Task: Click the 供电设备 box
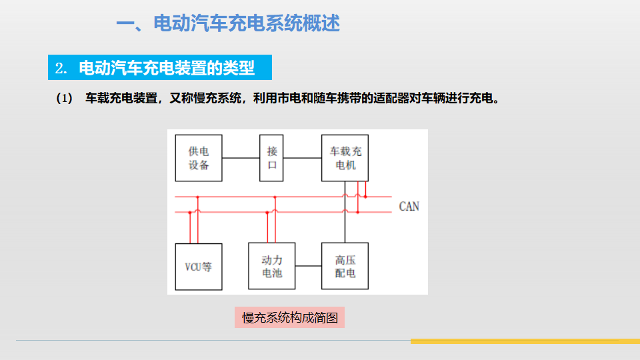[199, 158]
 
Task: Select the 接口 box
[272, 158]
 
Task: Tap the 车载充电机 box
[345, 157]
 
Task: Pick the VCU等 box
[199, 266]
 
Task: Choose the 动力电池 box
[271, 266]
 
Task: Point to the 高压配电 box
[345, 266]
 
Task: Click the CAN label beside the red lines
[409, 206]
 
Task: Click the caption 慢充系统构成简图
[290, 317]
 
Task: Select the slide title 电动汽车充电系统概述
[227, 24]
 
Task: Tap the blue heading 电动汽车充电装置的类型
[167, 69]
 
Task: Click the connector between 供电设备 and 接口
[241, 158]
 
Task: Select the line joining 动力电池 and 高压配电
[308, 266]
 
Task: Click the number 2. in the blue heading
[62, 69]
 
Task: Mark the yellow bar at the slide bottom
[525, 341]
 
